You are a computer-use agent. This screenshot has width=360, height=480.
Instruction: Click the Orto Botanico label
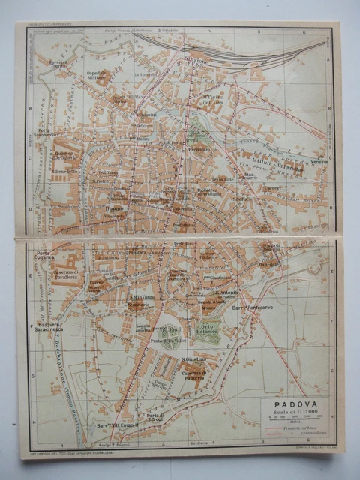(209, 327)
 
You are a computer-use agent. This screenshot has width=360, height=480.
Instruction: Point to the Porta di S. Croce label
(155, 418)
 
